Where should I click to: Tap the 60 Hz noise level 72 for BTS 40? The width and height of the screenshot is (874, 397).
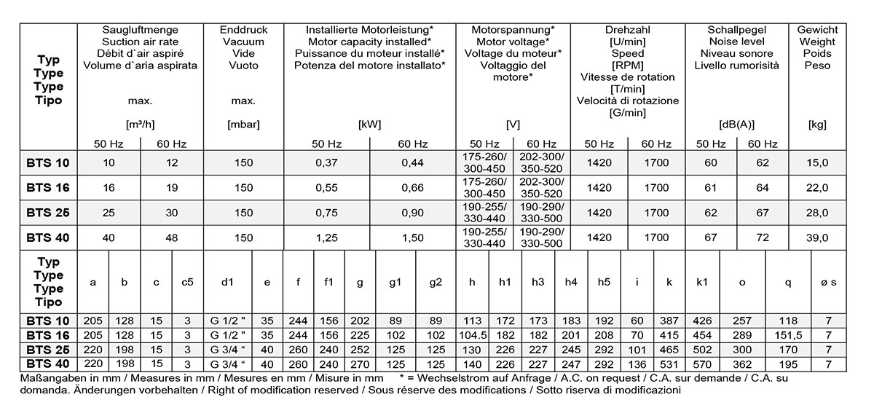pyautogui.click(x=763, y=237)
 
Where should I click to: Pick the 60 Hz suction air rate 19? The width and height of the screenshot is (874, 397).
pyautogui.click(x=172, y=188)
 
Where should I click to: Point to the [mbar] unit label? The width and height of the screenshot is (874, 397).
pyautogui.click(x=243, y=125)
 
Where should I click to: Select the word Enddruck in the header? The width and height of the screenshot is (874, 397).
pyautogui.click(x=243, y=30)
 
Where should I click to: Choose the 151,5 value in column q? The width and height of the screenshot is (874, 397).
pyautogui.click(x=788, y=335)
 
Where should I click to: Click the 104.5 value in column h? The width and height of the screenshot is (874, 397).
pyautogui.click(x=473, y=335)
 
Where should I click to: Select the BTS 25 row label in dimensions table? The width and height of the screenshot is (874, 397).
pyautogui.click(x=49, y=349)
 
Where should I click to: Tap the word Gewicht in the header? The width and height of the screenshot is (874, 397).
pyautogui.click(x=817, y=30)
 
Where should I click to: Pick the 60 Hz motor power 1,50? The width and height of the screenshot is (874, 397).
pyautogui.click(x=412, y=237)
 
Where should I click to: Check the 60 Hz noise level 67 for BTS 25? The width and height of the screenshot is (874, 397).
pyautogui.click(x=763, y=213)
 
